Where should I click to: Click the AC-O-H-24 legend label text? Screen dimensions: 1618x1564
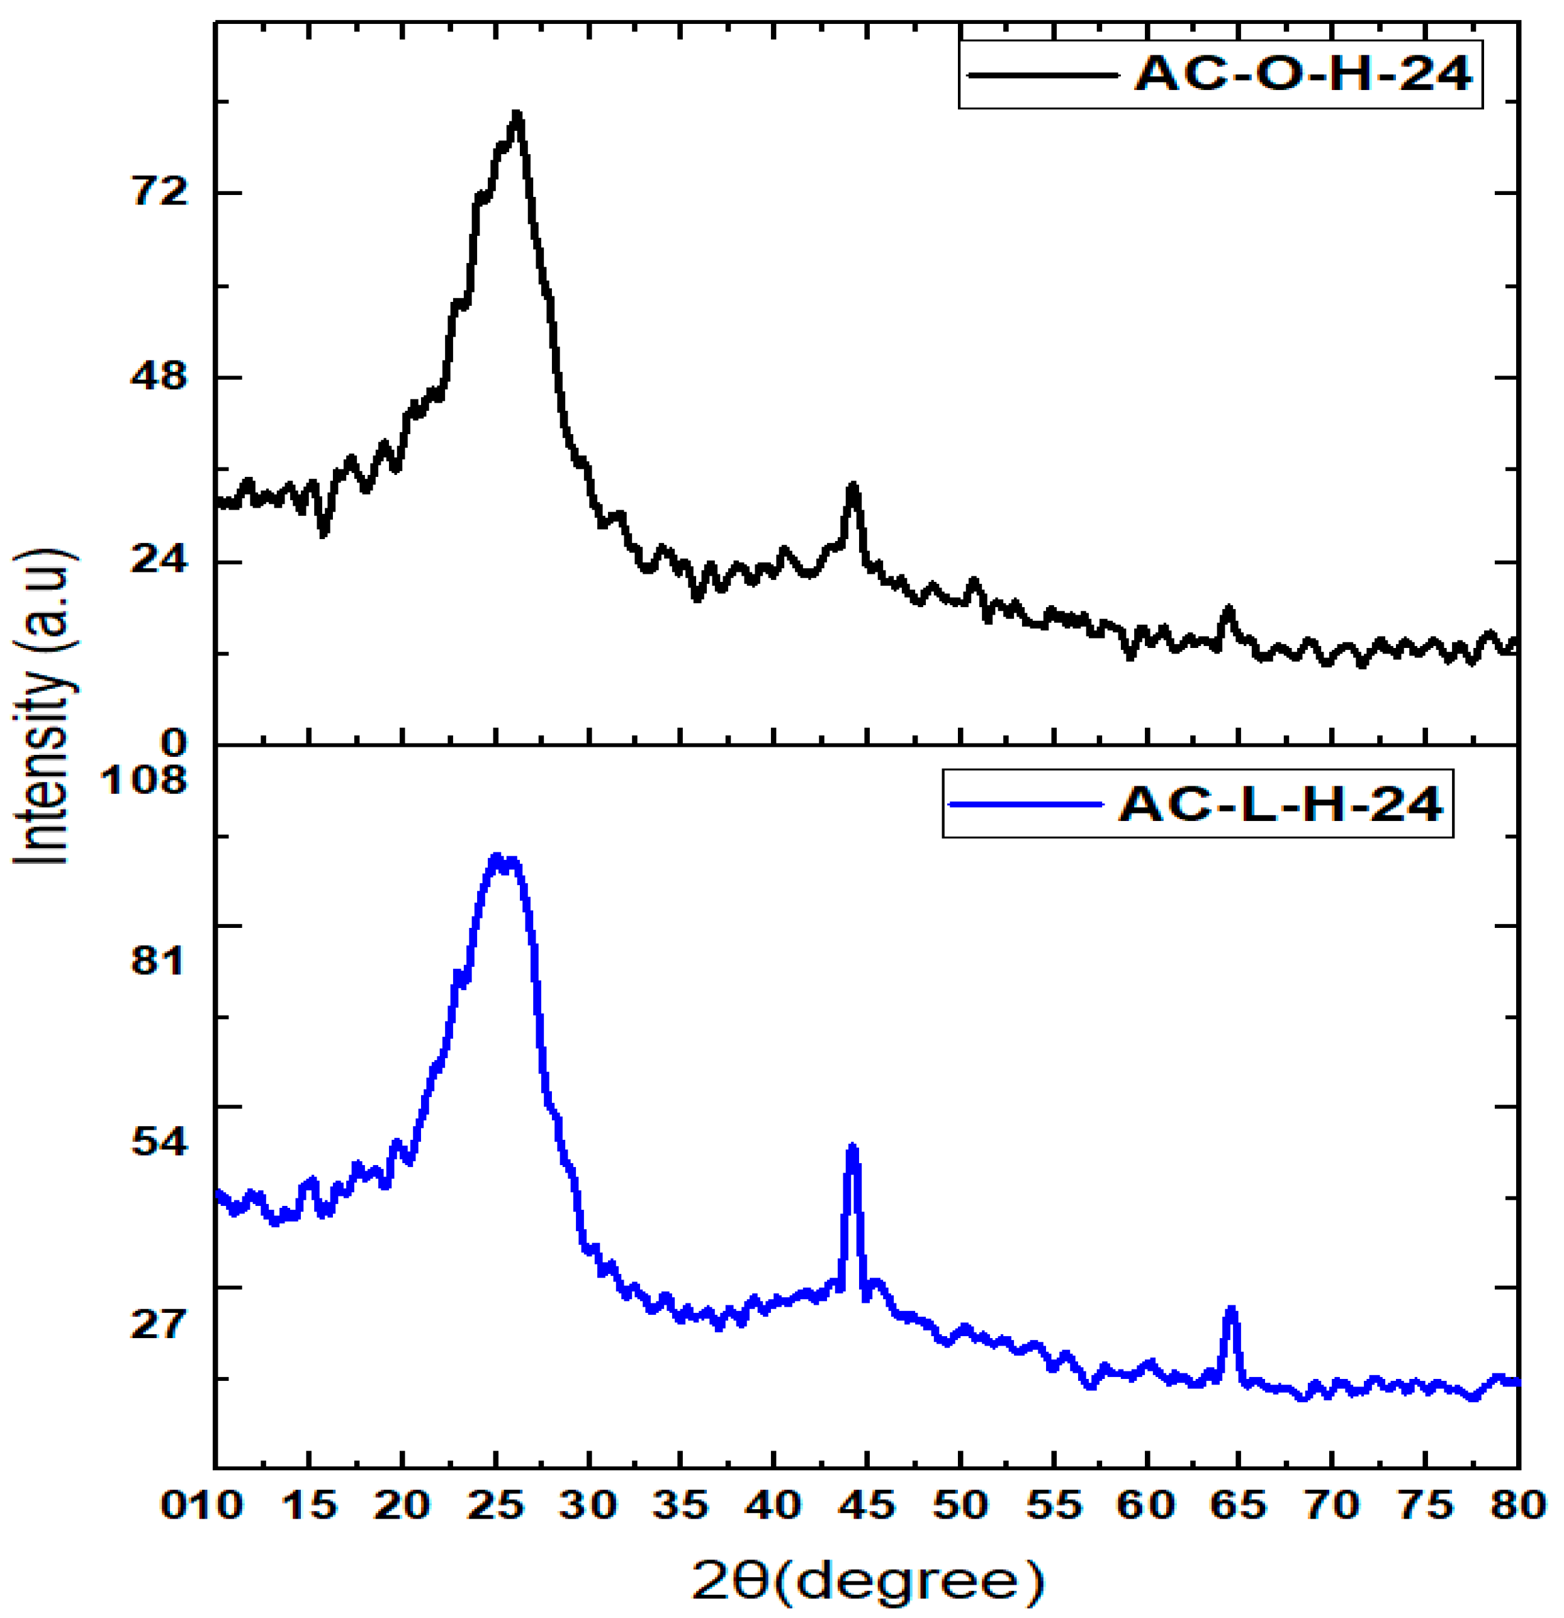tap(1303, 74)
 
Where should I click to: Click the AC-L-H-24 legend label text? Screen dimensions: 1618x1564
tap(1281, 804)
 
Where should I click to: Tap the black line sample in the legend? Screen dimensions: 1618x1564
tap(1042, 75)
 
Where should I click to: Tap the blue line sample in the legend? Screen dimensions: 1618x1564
tap(1026, 804)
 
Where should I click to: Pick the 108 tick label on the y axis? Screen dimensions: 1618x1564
tap(143, 777)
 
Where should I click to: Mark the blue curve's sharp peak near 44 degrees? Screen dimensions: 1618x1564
tap(852, 1149)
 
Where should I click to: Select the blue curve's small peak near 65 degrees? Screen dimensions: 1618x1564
tap(1231, 1311)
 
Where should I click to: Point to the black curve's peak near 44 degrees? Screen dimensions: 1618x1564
tap(853, 487)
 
